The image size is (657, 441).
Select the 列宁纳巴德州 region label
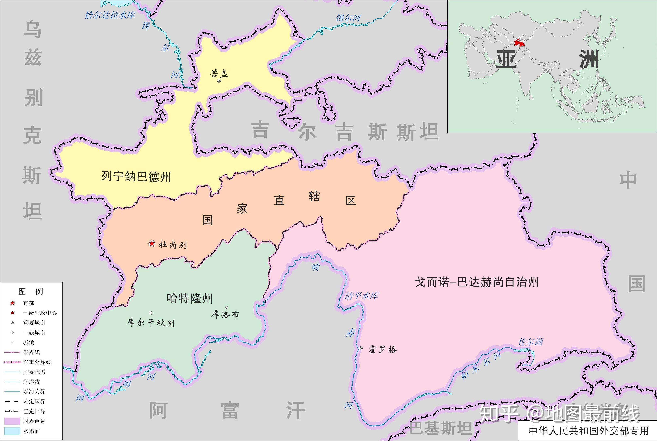coord(136,177)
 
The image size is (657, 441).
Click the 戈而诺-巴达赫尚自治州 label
coord(476,282)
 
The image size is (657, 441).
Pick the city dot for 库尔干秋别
coord(151,313)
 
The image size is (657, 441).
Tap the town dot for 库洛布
coord(227,307)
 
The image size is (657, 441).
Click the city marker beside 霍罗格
coord(361,348)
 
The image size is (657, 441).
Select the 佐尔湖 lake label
coord(530,342)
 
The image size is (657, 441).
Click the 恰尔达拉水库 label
coord(110,15)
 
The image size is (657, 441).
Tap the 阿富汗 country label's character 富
coord(230,411)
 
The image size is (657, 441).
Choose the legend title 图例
coord(31,291)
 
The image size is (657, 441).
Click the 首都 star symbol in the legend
coord(12,303)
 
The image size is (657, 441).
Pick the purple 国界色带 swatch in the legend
coord(12,421)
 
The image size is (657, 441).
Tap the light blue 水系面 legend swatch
coord(12,431)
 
